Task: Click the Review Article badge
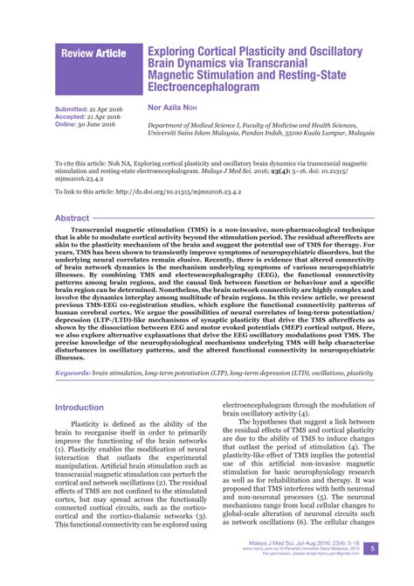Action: coord(93,54)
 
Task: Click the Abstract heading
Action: coord(72,218)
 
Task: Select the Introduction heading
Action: coord(79,408)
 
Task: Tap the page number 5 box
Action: coord(373,548)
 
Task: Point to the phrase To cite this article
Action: coord(83,163)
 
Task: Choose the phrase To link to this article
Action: coord(84,191)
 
